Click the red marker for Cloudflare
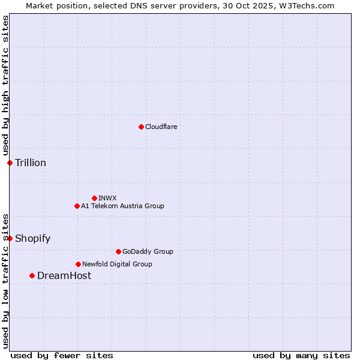141,127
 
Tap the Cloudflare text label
161,127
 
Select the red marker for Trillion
10,163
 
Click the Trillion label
31,163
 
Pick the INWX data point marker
94,198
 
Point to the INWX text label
107,198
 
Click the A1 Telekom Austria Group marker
77,206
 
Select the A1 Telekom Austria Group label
122,206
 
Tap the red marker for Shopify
10,238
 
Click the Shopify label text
32,239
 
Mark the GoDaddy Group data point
118,251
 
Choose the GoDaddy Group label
148,251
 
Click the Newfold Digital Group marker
78,264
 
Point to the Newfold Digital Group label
117,264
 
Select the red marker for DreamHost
32,275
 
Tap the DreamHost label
64,276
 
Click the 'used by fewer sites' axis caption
62,355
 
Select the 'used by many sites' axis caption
301,355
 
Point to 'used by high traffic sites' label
5,86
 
